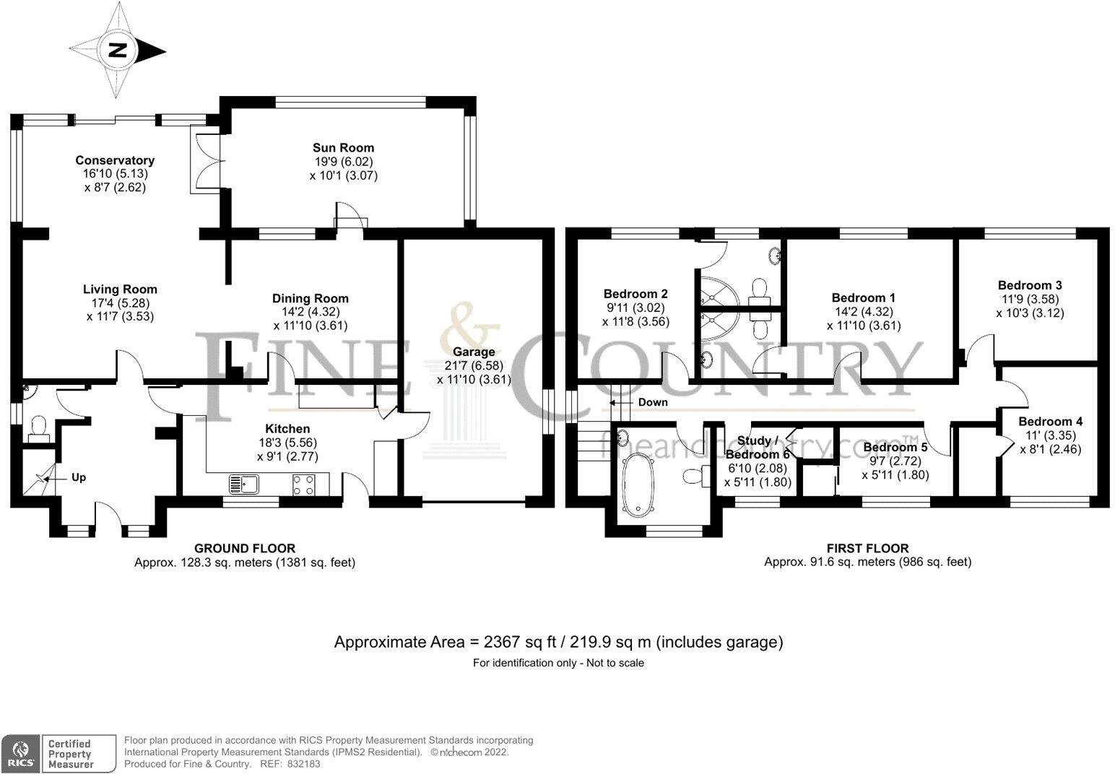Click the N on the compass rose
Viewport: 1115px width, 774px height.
click(x=118, y=51)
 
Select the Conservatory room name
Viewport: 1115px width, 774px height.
click(x=115, y=160)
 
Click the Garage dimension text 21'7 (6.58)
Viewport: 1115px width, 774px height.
click(x=474, y=365)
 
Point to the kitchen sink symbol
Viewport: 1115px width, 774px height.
click(x=244, y=483)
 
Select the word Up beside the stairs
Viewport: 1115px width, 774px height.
click(x=78, y=477)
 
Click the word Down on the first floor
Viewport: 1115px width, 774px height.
click(x=653, y=402)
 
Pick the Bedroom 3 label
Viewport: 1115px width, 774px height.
click(x=1030, y=285)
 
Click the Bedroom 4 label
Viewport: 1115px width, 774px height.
click(x=1050, y=422)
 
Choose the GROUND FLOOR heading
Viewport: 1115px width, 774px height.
click(x=245, y=548)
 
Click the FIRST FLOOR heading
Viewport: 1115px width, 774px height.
click(x=867, y=548)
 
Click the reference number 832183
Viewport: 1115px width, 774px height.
click(x=303, y=764)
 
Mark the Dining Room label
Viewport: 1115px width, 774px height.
click(x=310, y=298)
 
